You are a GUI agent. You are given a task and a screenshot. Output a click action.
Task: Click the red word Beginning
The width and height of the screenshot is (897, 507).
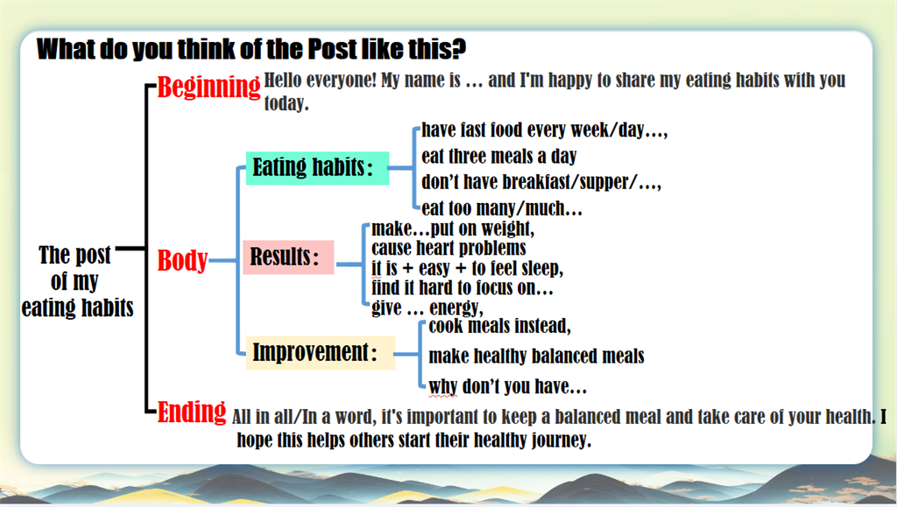click(208, 88)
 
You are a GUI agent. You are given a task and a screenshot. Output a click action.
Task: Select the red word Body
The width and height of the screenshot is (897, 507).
click(182, 261)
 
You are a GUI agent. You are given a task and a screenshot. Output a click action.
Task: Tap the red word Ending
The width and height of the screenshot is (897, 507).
click(192, 412)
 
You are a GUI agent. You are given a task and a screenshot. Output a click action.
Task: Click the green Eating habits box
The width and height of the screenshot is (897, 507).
click(317, 168)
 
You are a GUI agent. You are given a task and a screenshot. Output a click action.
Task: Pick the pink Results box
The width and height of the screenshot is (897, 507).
click(288, 257)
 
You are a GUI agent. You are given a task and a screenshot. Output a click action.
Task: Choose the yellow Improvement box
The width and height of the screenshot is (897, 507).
click(321, 353)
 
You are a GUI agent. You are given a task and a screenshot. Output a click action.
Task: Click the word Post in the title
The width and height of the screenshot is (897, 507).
click(332, 49)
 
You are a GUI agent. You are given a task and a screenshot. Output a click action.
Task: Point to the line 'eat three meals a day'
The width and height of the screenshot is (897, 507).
click(498, 156)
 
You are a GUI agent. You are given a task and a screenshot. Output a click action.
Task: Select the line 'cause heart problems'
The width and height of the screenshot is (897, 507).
click(448, 248)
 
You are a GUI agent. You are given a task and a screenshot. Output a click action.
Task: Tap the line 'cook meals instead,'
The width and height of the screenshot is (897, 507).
click(499, 326)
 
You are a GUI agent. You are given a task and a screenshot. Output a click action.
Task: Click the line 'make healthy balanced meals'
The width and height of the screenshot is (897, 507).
click(536, 356)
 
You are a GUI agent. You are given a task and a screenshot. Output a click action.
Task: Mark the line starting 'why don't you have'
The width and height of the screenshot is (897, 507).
click(507, 387)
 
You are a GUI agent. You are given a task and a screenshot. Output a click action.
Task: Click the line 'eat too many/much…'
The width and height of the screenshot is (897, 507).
click(502, 208)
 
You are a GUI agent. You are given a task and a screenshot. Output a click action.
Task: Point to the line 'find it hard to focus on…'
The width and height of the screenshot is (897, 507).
click(463, 287)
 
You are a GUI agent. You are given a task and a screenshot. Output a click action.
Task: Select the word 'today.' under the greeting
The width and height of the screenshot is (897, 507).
click(286, 103)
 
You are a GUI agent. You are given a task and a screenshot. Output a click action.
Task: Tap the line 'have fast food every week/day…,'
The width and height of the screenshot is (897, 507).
click(545, 130)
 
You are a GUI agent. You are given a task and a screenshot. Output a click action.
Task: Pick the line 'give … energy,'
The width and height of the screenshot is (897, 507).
click(427, 308)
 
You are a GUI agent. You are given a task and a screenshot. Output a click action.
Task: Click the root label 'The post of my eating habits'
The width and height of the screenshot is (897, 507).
click(77, 281)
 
